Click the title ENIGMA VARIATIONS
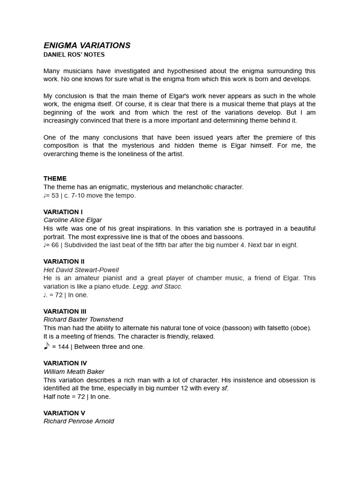(87, 45)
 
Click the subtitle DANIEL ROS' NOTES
(74, 55)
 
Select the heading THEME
(55, 179)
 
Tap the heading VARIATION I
(63, 212)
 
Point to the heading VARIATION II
(64, 262)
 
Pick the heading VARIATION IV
(65, 363)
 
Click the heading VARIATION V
(64, 413)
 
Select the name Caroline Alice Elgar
(73, 220)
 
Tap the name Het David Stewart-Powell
(81, 270)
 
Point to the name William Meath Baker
(74, 372)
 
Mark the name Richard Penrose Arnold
(79, 421)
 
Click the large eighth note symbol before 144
(46, 346)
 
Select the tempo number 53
(55, 195)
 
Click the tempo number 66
(55, 245)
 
